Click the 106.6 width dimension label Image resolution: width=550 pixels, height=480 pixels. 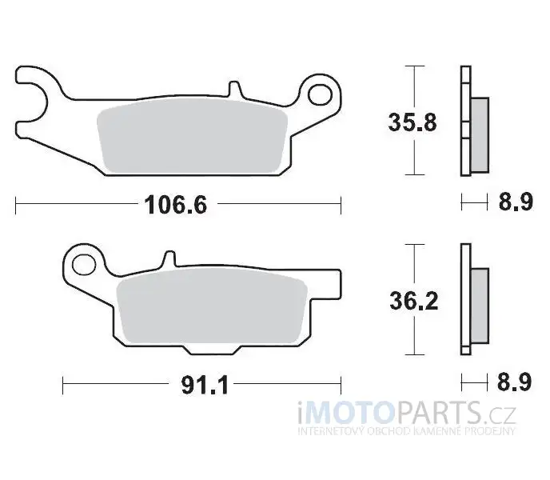click(176, 205)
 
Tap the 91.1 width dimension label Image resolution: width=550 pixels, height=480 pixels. click(205, 385)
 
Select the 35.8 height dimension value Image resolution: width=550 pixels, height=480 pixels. click(412, 122)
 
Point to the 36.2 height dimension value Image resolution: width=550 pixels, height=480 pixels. click(414, 301)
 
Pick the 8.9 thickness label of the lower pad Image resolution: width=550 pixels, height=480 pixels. click(515, 382)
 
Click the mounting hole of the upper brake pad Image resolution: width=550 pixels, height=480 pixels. click(320, 94)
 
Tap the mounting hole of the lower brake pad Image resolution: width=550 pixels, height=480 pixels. click(84, 265)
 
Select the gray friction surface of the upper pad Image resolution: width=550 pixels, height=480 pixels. click(192, 138)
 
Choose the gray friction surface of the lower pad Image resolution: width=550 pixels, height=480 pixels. click(212, 306)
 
